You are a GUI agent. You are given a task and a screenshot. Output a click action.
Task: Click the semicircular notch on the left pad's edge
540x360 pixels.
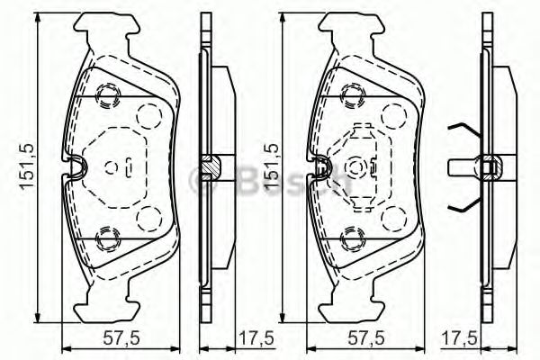pyautogui.click(x=76, y=165)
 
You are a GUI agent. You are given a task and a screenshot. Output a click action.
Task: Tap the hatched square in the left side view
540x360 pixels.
pyautogui.click(x=210, y=166)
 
